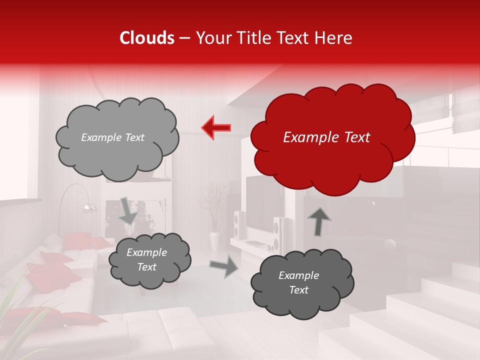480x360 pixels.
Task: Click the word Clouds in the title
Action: tap(147, 38)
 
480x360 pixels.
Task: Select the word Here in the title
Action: tap(334, 38)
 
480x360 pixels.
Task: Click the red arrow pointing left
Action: tap(216, 127)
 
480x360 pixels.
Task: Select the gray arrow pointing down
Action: tap(128, 210)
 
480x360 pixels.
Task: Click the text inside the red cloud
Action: tap(326, 137)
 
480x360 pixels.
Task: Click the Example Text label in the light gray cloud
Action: tap(112, 137)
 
